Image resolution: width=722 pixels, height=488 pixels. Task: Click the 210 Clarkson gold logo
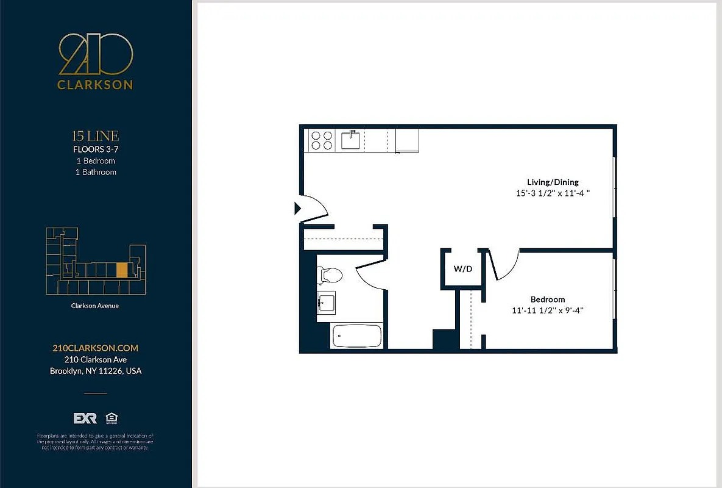pos(95,62)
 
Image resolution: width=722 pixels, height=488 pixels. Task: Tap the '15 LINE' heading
pos(95,136)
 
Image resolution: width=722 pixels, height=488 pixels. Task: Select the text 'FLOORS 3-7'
pos(95,149)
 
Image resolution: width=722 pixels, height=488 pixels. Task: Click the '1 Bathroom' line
pos(96,172)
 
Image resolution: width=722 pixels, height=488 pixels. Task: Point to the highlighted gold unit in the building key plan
pos(122,270)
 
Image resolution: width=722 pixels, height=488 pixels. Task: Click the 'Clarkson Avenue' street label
pos(95,306)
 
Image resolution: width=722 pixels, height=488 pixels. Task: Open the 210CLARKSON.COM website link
pos(96,348)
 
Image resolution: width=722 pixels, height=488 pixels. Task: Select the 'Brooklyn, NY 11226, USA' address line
pos(96,371)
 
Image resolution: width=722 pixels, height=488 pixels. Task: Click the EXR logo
pos(85,418)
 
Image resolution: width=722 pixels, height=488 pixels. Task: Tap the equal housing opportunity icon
pos(111,418)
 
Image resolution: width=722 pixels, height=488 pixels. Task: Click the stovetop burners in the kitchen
pos(322,140)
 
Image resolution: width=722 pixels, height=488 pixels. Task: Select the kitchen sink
pos(351,140)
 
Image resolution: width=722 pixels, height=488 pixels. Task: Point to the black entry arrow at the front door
pos(297,209)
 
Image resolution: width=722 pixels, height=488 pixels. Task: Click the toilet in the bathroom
pos(330,275)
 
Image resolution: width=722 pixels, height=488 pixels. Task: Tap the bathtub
pos(356,335)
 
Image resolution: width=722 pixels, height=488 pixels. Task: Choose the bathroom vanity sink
pos(326,302)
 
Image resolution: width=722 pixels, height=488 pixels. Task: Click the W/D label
pos(462,268)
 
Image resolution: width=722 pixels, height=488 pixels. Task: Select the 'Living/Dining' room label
pos(553,182)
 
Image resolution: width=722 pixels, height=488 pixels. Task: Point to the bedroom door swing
pos(506,265)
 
